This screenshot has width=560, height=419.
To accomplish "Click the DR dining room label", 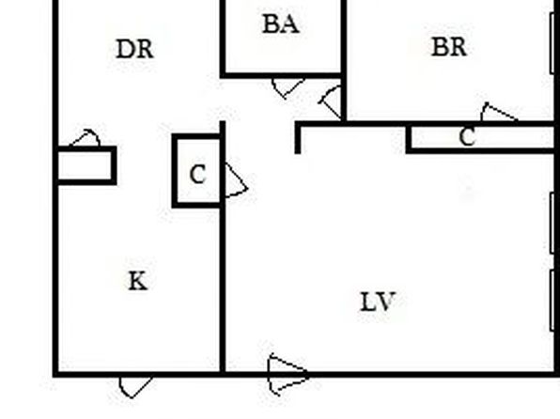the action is point(135,49).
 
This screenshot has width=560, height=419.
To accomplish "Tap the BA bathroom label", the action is point(281,23).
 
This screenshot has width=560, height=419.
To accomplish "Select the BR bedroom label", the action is point(449,47).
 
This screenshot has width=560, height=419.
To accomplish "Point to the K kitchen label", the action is point(137,281).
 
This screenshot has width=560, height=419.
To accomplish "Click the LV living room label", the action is point(378,302).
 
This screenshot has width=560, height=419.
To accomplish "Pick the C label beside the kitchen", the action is point(197,175).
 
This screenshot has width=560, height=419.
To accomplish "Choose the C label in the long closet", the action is point(468,137).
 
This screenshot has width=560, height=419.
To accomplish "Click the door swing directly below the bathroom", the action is point(288,88).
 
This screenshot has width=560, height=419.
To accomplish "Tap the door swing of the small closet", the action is point(236,180).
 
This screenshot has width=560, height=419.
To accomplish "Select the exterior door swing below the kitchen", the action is point(135,387).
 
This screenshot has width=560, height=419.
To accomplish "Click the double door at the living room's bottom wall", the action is point(288,375).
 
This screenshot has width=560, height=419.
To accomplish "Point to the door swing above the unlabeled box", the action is point(86,137).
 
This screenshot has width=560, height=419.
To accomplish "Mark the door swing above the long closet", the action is point(499,112).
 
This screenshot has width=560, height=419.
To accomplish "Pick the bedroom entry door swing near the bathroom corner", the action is point(330,102).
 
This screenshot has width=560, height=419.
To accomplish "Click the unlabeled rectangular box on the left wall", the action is point(86,165).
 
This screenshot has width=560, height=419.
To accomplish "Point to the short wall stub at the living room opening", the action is point(298,138).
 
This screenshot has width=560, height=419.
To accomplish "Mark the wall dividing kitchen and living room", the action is point(223,248).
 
